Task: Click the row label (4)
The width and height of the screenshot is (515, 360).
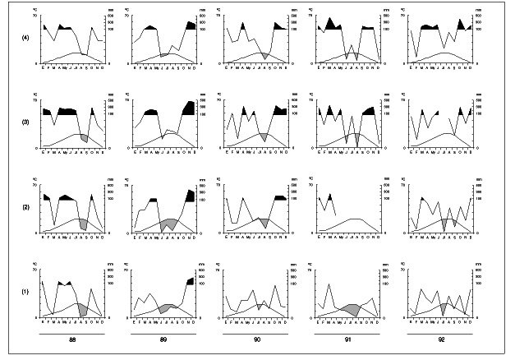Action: (25, 36)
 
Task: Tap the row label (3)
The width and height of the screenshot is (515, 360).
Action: (25, 122)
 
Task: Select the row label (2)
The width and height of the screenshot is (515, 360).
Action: (25, 206)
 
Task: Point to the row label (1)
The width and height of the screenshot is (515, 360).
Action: (25, 293)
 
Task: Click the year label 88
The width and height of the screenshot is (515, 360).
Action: (71, 340)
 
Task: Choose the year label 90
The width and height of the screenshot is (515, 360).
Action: (257, 340)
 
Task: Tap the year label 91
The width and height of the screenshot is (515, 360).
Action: (350, 340)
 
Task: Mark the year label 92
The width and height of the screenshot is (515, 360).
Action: (442, 340)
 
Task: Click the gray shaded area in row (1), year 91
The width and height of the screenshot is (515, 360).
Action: (352, 309)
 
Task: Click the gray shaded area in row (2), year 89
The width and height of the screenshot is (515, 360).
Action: (169, 224)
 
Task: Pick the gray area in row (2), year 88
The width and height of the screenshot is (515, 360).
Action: (83, 222)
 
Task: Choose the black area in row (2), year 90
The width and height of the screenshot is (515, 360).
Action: (280, 198)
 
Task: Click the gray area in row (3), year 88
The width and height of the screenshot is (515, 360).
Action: (84, 137)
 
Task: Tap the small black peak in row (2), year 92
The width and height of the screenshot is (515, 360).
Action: (470, 198)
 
